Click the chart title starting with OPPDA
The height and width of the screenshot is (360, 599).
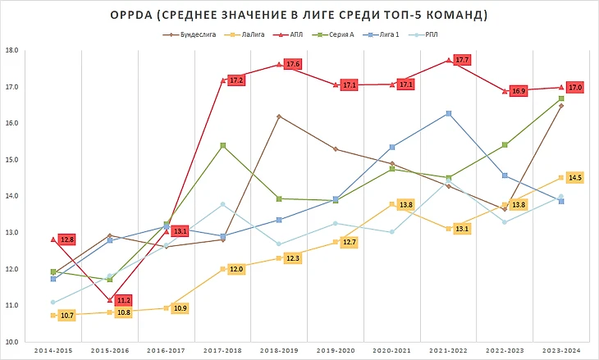pos(299,15)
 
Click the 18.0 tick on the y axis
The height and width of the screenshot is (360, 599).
pos(11,51)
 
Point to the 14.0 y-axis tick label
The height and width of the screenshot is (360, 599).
pos(11,196)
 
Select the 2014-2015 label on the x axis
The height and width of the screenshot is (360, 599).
pos(53,350)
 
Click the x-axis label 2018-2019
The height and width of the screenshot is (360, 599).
pos(278,350)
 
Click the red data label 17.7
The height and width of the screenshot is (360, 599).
pos(461,61)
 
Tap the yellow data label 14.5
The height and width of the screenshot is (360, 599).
pos(574,178)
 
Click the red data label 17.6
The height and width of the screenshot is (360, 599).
pos(293,65)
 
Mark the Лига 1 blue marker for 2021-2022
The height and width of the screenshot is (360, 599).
pos(448,113)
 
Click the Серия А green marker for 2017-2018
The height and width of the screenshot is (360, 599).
pos(222,145)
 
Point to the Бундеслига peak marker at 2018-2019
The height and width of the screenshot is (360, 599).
pos(279,116)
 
